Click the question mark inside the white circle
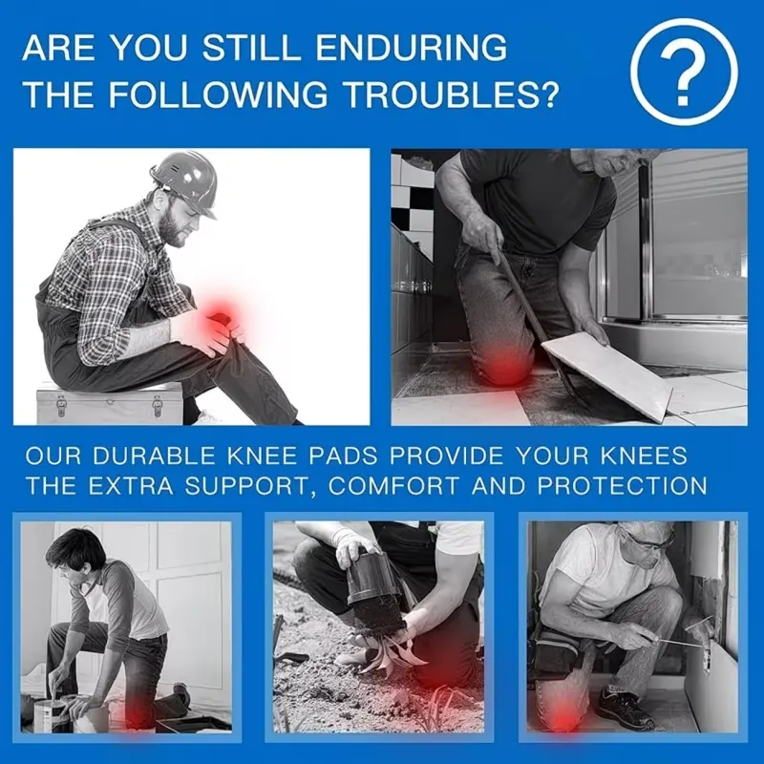pyautogui.click(x=684, y=73)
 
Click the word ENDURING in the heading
pyautogui.click(x=412, y=48)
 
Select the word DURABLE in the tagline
pyautogui.click(x=154, y=456)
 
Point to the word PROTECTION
pyautogui.click(x=623, y=486)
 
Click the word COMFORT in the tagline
pyautogui.click(x=393, y=486)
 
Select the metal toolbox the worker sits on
pyautogui.click(x=110, y=404)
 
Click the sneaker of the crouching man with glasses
pyautogui.click(x=626, y=708)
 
